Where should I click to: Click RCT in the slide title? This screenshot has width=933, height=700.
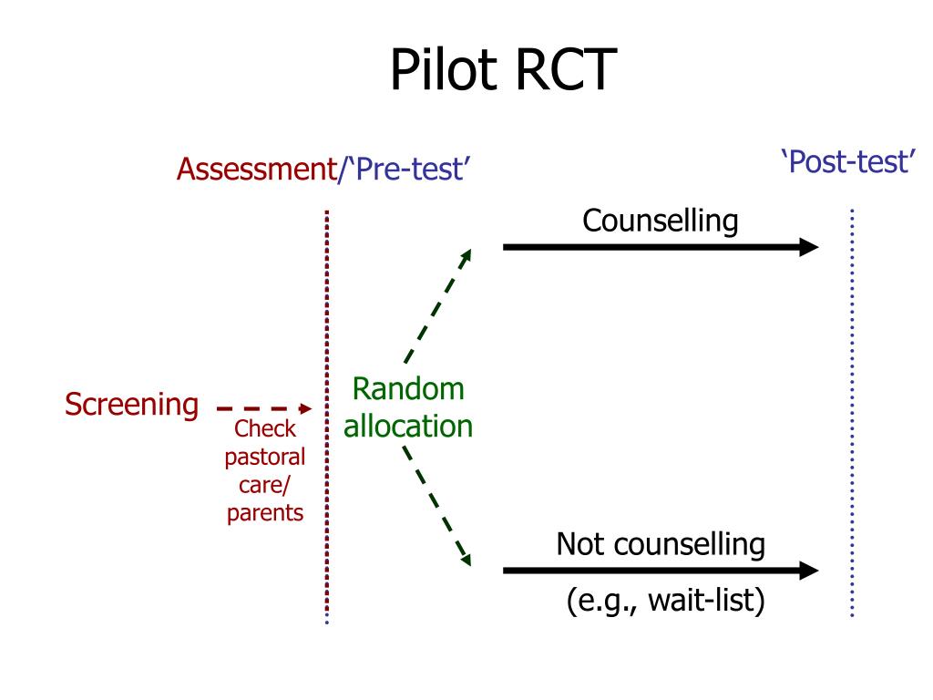click(565, 70)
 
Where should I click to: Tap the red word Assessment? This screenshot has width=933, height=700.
click(255, 170)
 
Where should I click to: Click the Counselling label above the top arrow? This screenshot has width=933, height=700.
click(661, 221)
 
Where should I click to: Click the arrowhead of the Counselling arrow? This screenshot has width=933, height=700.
click(809, 246)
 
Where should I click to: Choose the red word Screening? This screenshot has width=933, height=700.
click(131, 404)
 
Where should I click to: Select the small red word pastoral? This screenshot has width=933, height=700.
click(265, 457)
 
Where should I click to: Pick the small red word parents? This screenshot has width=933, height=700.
click(265, 513)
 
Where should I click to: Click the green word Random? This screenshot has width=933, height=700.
click(408, 389)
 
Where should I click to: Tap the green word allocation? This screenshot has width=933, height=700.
click(408, 426)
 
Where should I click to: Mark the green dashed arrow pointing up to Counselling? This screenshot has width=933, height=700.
click(437, 306)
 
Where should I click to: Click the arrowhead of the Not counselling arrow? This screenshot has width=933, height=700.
click(809, 571)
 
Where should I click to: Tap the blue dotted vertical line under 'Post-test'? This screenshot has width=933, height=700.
click(852, 410)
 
